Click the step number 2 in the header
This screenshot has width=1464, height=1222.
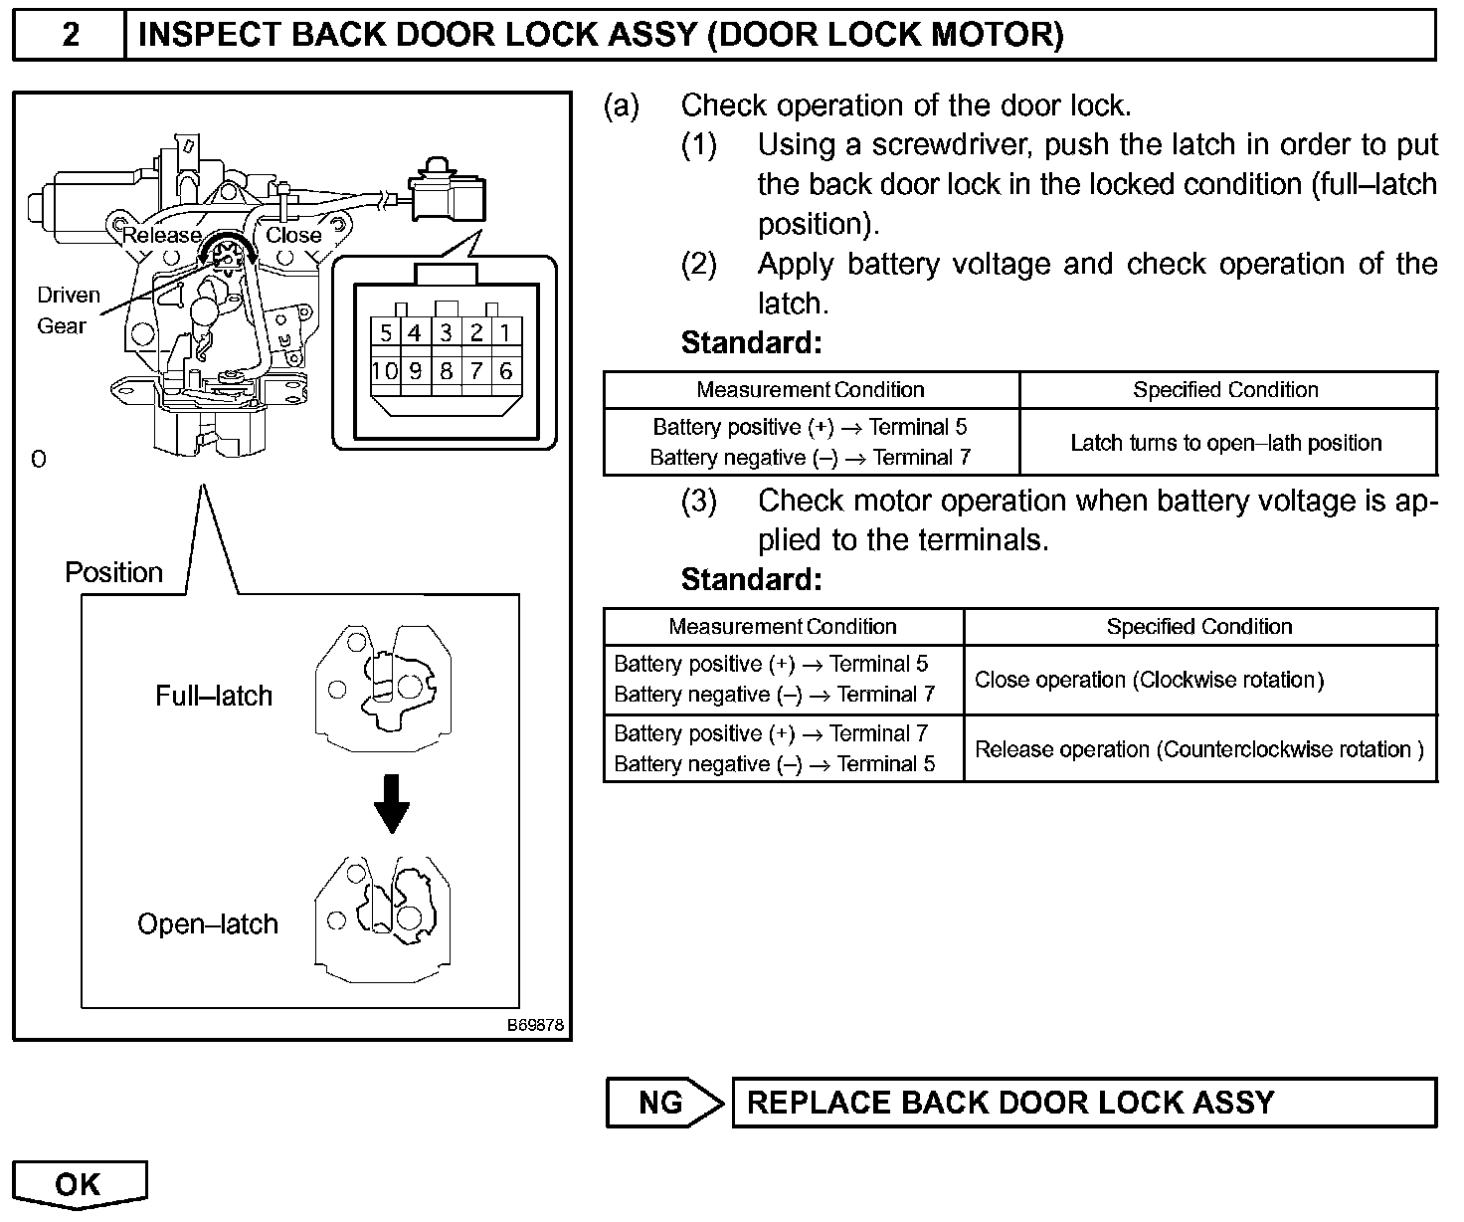tap(71, 36)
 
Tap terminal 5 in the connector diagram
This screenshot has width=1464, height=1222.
tap(386, 332)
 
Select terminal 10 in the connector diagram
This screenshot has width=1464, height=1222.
tap(384, 371)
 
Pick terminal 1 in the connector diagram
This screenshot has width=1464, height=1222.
tap(506, 332)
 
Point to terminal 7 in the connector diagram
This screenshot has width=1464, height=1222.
tap(476, 371)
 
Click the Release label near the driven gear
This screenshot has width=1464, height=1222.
tap(160, 236)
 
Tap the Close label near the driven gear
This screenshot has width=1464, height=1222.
tap(293, 235)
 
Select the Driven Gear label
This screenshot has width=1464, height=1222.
tap(68, 309)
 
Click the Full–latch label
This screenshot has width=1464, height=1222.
tap(213, 696)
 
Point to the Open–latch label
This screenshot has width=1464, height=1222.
tap(207, 924)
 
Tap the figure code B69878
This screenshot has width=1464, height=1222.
tap(536, 1025)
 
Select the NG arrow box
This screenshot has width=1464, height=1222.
tap(664, 1103)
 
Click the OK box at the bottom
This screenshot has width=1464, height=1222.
tap(80, 1183)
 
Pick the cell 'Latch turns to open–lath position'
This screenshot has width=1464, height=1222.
tap(1226, 443)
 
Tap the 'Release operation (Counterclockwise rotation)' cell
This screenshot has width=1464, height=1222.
tap(1198, 749)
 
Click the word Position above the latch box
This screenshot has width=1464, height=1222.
tap(113, 572)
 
